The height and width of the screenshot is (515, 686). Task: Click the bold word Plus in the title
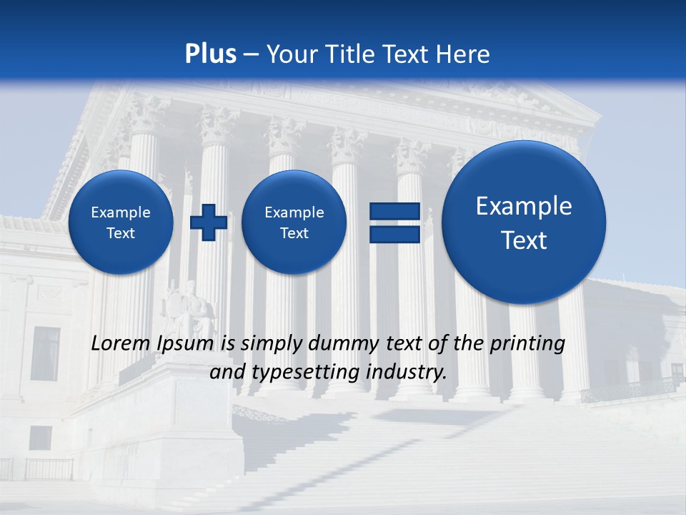211,54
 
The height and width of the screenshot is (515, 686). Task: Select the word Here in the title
464,54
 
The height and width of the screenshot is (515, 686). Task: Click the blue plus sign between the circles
208,222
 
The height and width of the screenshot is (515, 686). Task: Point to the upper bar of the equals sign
394,212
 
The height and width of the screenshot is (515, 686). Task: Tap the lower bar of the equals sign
394,235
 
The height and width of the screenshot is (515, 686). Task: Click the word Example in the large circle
524,206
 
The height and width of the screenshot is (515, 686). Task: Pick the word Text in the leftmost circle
121,233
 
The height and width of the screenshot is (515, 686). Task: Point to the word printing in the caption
527,344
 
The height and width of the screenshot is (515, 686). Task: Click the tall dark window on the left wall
45,354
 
